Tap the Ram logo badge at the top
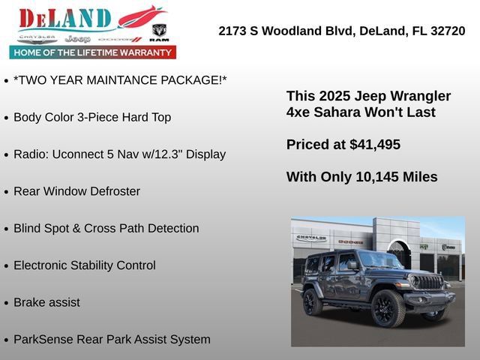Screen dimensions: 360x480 159,31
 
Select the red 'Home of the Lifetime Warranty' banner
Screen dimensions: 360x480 93,52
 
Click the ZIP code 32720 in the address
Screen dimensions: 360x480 446,31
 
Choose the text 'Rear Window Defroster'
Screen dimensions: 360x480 76,191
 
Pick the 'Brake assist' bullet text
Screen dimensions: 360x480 46,302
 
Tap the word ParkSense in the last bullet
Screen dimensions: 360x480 43,339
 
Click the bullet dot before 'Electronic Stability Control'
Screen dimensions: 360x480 7,266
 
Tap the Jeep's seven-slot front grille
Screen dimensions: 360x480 427,283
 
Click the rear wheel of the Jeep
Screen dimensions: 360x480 312,301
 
